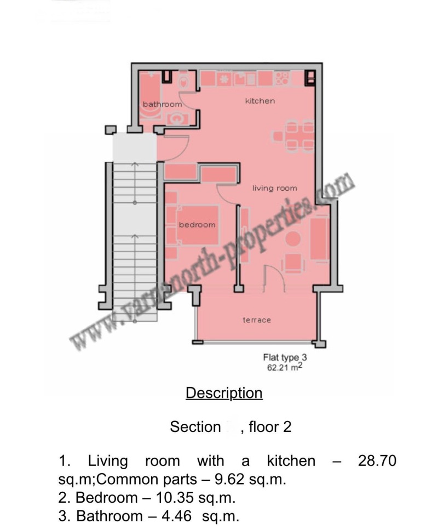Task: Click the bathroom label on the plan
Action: click(x=162, y=104)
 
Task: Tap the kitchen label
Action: click(x=260, y=101)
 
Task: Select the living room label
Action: click(x=274, y=188)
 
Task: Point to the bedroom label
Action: click(x=197, y=225)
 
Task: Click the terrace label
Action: click(x=257, y=320)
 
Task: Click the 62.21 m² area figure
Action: click(x=284, y=368)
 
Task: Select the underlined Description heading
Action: click(x=224, y=393)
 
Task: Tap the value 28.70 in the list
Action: click(x=377, y=461)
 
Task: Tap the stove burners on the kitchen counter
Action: click(x=282, y=78)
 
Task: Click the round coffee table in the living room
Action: click(x=293, y=239)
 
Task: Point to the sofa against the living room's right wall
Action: click(x=319, y=238)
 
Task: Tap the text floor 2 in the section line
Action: click(x=270, y=427)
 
